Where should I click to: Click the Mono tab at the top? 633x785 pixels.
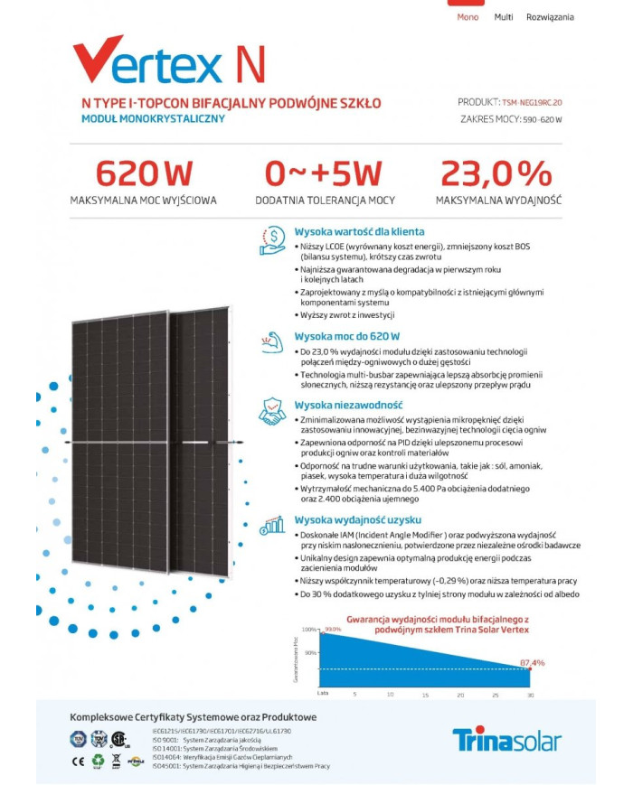pyautogui.click(x=468, y=17)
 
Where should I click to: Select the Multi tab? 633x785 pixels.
pyautogui.click(x=504, y=17)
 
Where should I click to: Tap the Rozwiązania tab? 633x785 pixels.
pyautogui.click(x=550, y=17)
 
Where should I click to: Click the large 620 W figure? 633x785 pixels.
pyautogui.click(x=143, y=173)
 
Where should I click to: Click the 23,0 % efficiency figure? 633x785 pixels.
pyautogui.click(x=496, y=173)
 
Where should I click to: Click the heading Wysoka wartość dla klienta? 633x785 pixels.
pyautogui.click(x=359, y=232)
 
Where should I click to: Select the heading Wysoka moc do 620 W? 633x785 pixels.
pyautogui.click(x=346, y=335)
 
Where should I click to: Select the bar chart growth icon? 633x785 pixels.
pyautogui.click(x=272, y=527)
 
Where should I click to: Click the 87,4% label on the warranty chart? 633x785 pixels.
pyautogui.click(x=532, y=663)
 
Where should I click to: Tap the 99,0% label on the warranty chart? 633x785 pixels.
pyautogui.click(x=333, y=629)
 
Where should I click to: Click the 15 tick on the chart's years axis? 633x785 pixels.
pyautogui.click(x=424, y=695)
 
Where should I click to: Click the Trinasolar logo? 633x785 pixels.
pyautogui.click(x=506, y=740)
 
